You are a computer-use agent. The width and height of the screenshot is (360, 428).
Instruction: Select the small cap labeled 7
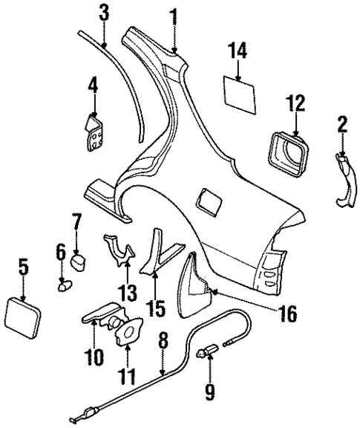point(79,262)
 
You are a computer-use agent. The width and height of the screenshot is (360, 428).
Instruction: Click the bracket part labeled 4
point(94,137)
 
